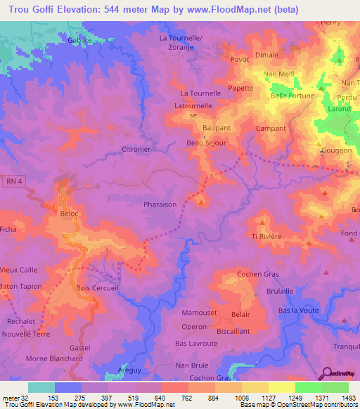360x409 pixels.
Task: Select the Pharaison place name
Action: tap(160, 205)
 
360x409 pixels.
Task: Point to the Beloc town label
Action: tap(70, 212)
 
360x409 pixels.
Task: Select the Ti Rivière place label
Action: tap(266, 237)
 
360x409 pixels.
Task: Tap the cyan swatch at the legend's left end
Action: tap(41, 387)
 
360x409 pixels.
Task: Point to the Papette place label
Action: tap(240, 89)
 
